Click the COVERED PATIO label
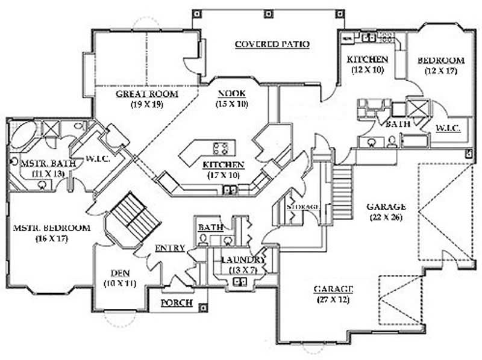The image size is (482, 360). [272, 44]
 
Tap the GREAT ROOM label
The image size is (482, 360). [147, 95]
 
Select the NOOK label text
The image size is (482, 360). [228, 95]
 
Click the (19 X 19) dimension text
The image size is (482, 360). [147, 104]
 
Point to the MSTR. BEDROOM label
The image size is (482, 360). [51, 228]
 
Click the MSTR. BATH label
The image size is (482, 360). [43, 163]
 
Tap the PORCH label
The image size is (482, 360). [177, 303]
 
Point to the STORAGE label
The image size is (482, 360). [302, 206]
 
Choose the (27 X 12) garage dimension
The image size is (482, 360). [332, 299]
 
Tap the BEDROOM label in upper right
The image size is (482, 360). [441, 61]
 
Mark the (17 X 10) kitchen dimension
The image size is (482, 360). [223, 175]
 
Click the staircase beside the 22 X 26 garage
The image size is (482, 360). [342, 187]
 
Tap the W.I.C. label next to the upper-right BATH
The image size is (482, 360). [446, 128]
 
